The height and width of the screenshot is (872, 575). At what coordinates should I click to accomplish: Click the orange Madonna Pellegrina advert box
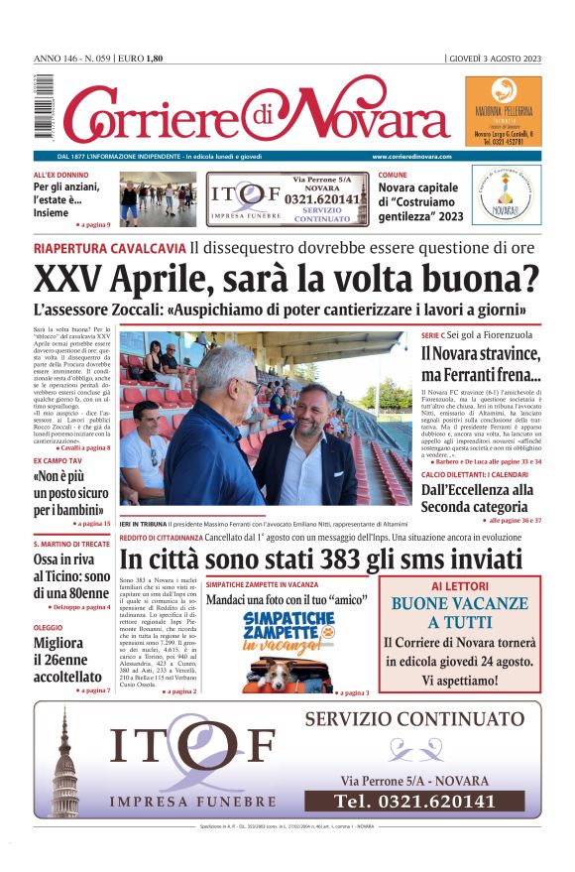(x=503, y=111)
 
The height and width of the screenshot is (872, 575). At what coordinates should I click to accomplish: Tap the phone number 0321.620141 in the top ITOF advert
(x=324, y=197)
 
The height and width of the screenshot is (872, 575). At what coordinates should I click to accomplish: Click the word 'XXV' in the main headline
(x=68, y=279)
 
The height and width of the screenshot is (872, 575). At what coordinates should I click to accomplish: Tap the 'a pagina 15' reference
(x=93, y=523)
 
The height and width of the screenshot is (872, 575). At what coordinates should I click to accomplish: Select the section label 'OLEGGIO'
(x=49, y=628)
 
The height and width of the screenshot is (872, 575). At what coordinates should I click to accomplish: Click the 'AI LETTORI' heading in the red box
(x=460, y=587)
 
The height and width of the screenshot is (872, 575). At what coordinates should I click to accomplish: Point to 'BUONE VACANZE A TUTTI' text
(x=460, y=612)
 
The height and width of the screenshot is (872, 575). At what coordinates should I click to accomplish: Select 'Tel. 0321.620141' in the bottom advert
(x=414, y=801)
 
